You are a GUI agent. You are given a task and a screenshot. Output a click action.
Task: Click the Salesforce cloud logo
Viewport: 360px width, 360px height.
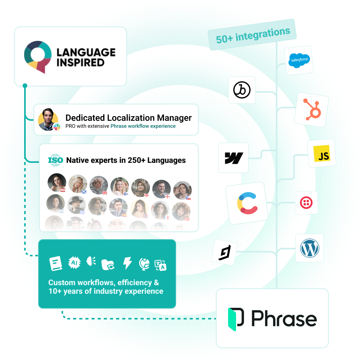[x=299, y=60]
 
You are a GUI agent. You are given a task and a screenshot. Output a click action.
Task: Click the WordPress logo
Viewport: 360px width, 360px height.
[x=310, y=248]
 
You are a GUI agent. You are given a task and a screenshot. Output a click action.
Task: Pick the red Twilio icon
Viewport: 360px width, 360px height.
[x=306, y=203]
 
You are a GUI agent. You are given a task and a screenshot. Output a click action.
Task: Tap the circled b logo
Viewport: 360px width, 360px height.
[x=242, y=90]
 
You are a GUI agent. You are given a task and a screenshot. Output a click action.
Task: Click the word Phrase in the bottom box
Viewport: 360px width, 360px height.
[x=284, y=319]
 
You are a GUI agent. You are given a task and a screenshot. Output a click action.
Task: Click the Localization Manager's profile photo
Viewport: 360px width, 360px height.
[x=48, y=119]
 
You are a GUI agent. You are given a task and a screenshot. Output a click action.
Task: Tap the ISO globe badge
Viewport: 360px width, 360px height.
[x=55, y=160]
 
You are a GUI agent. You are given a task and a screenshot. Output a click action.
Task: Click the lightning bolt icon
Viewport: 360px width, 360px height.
[x=127, y=263]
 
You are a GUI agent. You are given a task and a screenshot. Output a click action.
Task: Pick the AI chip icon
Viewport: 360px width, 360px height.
[x=74, y=263]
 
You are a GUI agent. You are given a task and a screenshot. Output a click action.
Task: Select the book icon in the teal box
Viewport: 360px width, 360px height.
[x=56, y=263]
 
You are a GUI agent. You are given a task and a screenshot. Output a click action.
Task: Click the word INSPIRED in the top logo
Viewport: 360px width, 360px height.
[x=80, y=62]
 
